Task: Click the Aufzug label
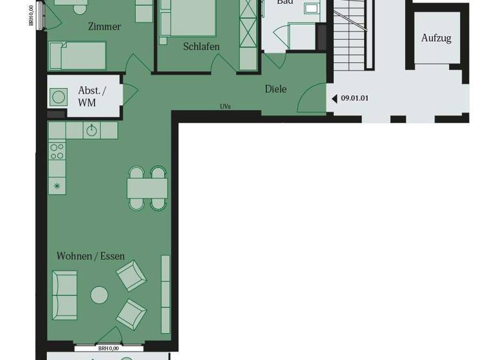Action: pos(436,38)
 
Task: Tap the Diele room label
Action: pos(275,89)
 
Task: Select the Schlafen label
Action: pos(201,46)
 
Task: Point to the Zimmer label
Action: pos(104,27)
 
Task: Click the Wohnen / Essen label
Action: pos(91,256)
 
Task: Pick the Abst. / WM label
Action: pos(91,96)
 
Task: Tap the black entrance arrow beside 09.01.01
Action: pos(334,98)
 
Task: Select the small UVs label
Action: pos(225,107)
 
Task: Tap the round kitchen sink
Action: pos(92,130)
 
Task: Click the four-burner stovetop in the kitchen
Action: pos(57,152)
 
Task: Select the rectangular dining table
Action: pos(147,188)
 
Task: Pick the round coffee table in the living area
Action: pos(99,295)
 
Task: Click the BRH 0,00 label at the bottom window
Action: pos(107,348)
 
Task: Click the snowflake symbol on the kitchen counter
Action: pos(57,185)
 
